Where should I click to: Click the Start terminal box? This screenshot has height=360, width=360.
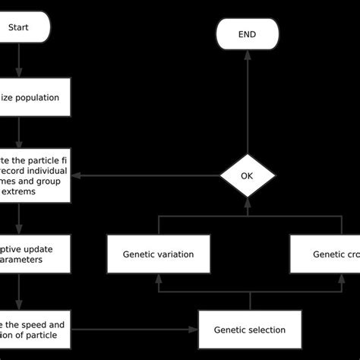click(23, 29)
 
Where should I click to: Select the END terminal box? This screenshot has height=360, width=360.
click(248, 34)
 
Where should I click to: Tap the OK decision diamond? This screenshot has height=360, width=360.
click(248, 175)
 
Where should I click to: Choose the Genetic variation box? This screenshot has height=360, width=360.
click(158, 254)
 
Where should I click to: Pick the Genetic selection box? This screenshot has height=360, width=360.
click(249, 330)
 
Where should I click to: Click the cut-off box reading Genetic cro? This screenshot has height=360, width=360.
click(325, 254)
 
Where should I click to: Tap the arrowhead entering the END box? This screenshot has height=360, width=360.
click(248, 55)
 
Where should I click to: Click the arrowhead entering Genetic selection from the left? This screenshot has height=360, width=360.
click(194, 330)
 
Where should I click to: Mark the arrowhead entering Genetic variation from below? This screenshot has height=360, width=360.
click(158, 278)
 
